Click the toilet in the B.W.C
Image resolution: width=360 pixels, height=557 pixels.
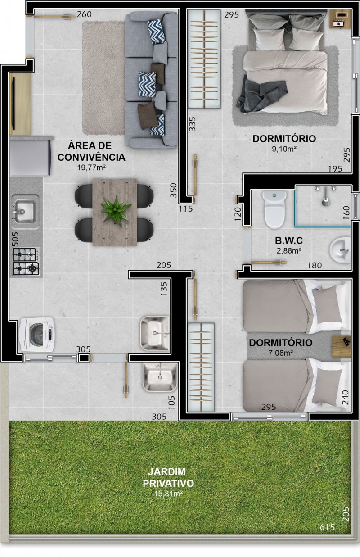(274, 209)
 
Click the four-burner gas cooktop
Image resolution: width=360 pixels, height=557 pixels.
(26, 261)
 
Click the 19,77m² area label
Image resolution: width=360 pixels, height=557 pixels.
(92, 168)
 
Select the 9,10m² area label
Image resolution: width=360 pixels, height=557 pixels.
(284, 149)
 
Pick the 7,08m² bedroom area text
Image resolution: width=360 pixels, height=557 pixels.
(280, 353)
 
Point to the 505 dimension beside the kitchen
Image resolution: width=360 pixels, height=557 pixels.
(15, 239)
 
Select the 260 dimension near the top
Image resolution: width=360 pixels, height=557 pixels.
(84, 14)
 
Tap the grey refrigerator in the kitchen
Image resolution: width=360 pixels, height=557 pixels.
(31, 156)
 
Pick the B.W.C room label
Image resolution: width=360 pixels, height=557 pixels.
(289, 240)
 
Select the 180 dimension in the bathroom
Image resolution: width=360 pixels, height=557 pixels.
(315, 265)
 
